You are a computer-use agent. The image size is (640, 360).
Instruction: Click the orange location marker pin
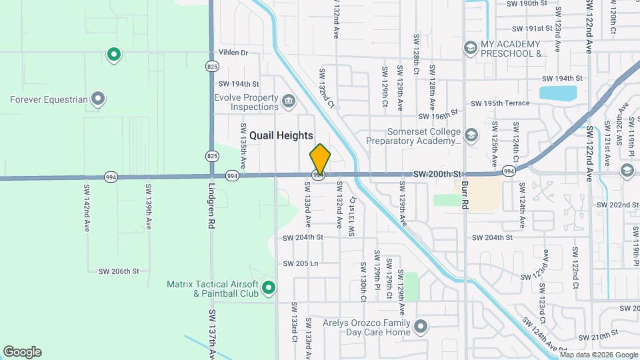point(320,159)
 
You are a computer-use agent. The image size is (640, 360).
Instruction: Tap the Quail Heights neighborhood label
point(281,135)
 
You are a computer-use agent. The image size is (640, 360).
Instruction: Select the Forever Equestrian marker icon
point(98,100)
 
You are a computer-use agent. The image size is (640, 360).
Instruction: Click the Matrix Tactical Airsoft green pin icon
point(269,288)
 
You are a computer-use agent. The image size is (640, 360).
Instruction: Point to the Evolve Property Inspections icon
point(288,102)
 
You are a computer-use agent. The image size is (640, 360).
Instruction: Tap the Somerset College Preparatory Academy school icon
point(471,136)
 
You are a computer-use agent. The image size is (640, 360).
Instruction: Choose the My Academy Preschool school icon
point(471,47)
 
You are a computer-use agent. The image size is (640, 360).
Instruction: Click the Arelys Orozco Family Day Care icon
point(420,327)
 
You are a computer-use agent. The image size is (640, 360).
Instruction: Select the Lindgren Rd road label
point(211,207)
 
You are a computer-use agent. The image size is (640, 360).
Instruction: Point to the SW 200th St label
point(437,173)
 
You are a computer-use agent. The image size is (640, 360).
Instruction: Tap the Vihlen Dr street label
point(233,53)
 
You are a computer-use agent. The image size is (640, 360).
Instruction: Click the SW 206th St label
point(119,271)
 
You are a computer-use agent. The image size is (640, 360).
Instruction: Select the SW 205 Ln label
point(301,263)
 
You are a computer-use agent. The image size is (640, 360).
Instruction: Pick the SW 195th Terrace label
point(500,103)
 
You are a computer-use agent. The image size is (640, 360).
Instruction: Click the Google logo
point(22,352)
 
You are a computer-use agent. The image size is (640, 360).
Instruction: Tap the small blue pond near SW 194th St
point(558,93)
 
